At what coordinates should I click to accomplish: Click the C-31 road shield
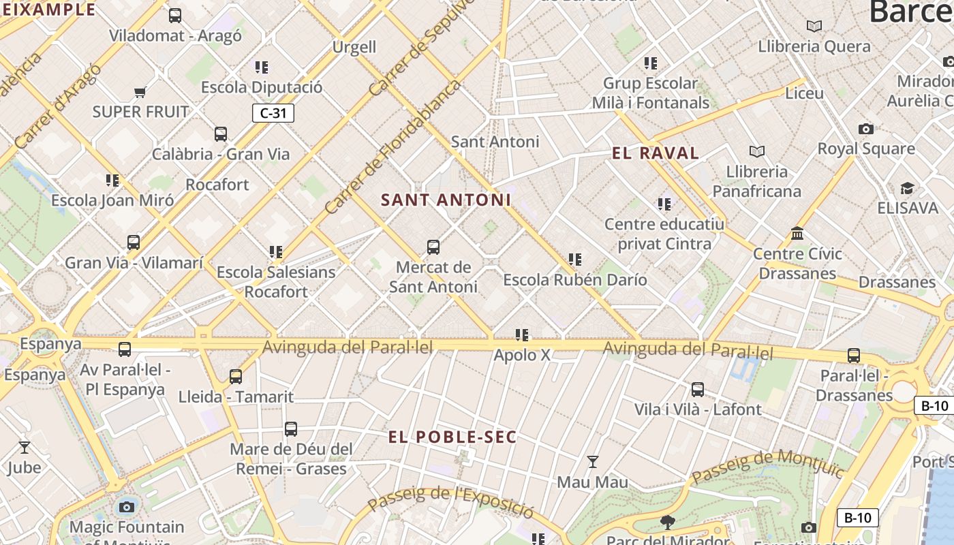pos(273,113)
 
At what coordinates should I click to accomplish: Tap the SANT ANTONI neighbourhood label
pos(446,200)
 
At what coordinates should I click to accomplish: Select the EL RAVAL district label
pos(656,153)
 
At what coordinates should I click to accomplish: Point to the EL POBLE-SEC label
pos(452,437)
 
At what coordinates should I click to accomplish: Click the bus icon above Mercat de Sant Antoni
pos(433,247)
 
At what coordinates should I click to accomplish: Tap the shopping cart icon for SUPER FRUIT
pos(140,92)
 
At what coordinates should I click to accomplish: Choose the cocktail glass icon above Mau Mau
pos(593,462)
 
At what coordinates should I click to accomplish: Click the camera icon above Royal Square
pos(865,129)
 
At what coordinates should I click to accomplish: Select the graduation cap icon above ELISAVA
pos(907,188)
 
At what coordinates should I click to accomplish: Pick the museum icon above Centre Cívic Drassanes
pos(797,234)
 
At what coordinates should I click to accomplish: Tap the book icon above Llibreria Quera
pos(814,27)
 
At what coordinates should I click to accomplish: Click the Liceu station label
pos(804,93)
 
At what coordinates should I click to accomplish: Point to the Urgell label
pos(354,47)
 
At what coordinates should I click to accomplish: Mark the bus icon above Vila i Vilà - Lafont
pos(698,390)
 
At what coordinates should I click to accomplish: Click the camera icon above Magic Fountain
pos(126,506)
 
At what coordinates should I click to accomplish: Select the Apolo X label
pos(522,355)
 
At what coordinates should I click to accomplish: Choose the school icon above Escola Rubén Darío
pos(575,260)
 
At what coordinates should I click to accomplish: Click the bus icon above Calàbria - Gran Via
pos(221,134)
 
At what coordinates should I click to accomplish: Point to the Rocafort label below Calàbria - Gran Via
pos(217,185)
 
